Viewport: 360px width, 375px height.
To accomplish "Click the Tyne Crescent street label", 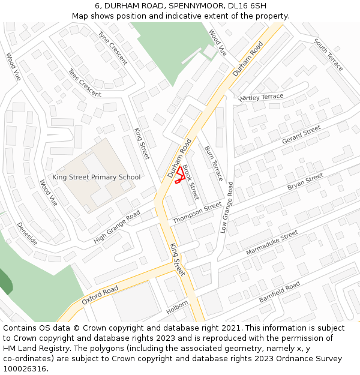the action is (x=113, y=48).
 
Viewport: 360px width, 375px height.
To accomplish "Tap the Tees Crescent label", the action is (x=85, y=83).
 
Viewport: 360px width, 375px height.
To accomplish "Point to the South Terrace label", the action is (x=328, y=55).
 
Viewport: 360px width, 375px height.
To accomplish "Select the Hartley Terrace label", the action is (x=261, y=97).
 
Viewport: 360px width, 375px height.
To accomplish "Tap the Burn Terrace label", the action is (x=214, y=163).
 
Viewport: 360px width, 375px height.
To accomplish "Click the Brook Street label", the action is (x=190, y=182).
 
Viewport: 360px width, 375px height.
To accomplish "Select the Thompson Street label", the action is (x=197, y=213).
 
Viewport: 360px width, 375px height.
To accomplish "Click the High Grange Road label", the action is (x=117, y=227).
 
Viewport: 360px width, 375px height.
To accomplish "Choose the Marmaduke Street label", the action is (x=272, y=242).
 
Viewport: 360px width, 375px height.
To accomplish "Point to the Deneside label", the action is (x=28, y=233).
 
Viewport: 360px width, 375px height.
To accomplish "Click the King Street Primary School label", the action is (x=96, y=177).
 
